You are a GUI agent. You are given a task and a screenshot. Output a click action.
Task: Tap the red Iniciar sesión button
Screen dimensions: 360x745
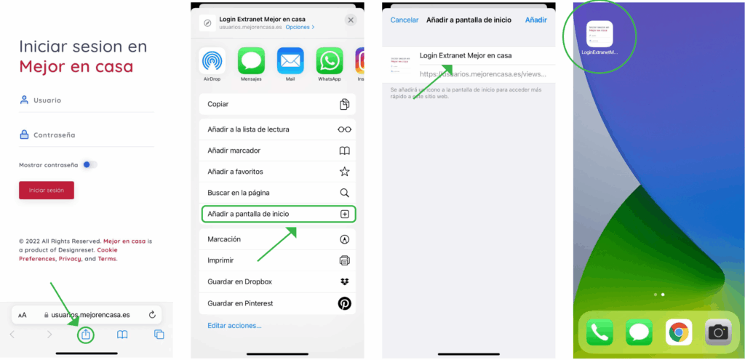click(47, 191)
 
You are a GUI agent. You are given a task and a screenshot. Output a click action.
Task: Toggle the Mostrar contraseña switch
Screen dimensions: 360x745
click(89, 165)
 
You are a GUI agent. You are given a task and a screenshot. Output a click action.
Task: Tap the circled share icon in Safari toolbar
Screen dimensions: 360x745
click(86, 335)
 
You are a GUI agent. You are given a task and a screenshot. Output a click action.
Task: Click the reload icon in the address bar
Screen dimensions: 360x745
click(152, 315)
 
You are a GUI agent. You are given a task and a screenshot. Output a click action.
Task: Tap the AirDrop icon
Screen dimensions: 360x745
click(212, 61)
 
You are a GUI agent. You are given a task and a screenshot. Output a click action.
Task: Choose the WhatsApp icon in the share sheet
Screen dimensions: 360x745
click(329, 61)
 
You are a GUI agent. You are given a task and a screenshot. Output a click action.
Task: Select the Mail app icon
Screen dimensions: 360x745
click(290, 61)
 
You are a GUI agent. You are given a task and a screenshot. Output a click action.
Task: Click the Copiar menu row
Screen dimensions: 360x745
click(277, 104)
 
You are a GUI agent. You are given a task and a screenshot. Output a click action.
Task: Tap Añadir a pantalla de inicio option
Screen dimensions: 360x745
click(277, 214)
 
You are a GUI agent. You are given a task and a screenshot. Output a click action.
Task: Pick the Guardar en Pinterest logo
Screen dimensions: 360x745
click(344, 303)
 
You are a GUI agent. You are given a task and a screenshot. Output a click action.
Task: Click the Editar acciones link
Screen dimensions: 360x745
click(234, 325)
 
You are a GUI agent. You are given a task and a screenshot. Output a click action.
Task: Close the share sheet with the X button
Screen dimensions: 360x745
click(351, 20)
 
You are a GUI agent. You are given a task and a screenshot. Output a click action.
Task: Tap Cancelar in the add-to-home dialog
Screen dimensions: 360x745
click(405, 20)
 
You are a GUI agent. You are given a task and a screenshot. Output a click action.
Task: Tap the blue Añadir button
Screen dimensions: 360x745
click(535, 20)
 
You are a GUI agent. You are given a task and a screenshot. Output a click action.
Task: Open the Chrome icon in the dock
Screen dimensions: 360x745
click(679, 332)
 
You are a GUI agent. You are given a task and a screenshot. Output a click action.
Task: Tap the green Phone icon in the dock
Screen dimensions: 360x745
click(599, 332)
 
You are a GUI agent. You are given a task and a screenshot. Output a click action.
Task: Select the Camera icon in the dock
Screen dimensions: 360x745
click(718, 332)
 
